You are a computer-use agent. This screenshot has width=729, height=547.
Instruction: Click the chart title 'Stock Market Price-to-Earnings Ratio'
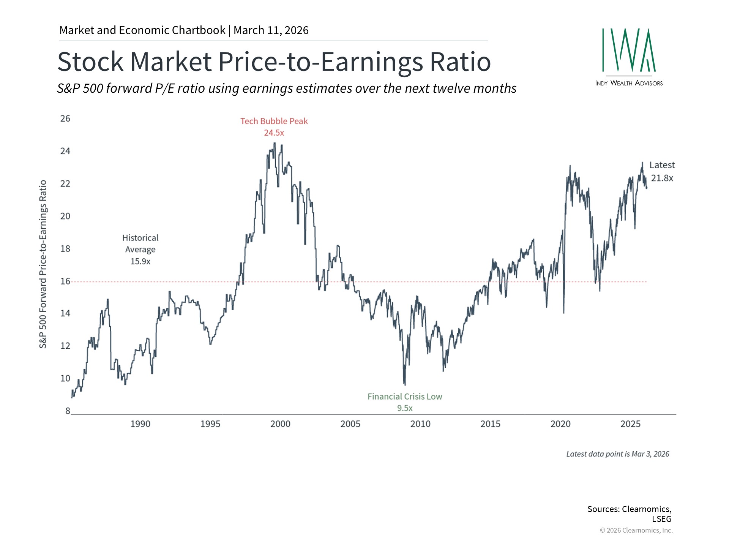click(x=274, y=62)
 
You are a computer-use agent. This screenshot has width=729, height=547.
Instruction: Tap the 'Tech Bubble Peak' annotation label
click(x=274, y=121)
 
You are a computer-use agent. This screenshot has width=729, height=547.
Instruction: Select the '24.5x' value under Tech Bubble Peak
click(x=274, y=133)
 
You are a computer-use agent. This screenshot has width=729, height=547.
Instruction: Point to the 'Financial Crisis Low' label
click(x=405, y=397)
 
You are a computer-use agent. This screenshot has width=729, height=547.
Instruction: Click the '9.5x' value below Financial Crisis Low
click(x=405, y=408)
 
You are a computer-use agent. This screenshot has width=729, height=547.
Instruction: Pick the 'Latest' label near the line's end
click(x=662, y=165)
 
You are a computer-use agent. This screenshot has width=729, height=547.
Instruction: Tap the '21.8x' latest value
click(x=662, y=178)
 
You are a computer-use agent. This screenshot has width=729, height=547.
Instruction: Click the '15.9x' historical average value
click(x=140, y=261)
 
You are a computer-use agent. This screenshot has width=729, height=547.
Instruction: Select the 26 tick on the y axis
click(x=65, y=119)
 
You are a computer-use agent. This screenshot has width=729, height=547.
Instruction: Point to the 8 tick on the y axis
click(x=68, y=411)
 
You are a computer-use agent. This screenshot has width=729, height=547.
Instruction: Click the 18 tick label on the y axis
click(x=65, y=248)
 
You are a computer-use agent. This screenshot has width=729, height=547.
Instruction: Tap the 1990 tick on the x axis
click(x=140, y=424)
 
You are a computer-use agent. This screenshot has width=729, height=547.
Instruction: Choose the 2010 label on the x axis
click(x=420, y=424)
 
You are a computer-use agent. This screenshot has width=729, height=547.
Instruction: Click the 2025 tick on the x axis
click(x=630, y=424)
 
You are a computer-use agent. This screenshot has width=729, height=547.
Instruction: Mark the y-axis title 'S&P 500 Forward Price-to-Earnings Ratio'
click(x=43, y=264)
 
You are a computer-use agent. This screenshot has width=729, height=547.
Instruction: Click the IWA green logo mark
click(x=629, y=50)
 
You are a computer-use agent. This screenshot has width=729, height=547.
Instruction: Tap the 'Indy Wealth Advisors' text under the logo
click(x=629, y=83)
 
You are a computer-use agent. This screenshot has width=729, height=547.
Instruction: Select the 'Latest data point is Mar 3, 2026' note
click(x=617, y=454)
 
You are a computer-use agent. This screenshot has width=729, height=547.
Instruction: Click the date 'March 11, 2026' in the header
click(x=271, y=30)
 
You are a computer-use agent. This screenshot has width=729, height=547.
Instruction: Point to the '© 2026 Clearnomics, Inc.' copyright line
click(x=636, y=530)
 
